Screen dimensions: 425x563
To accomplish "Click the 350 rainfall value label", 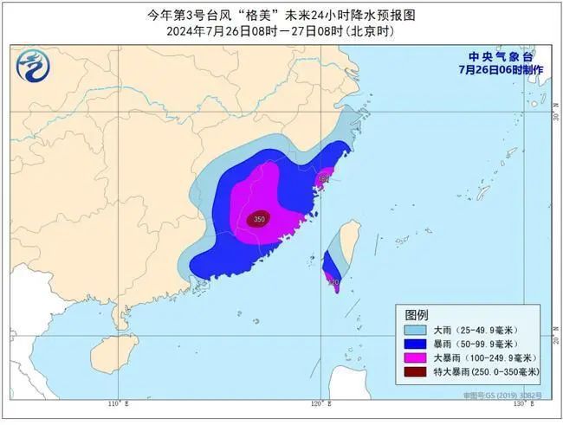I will point(258,220).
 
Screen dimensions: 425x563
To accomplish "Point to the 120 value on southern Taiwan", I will point(334,282).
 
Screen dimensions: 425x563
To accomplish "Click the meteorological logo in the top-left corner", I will point(31,66).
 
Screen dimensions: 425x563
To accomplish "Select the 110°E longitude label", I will point(117,404).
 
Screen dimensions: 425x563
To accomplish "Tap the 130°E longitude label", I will point(520,404).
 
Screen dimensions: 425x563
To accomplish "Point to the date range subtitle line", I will point(281,32).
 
